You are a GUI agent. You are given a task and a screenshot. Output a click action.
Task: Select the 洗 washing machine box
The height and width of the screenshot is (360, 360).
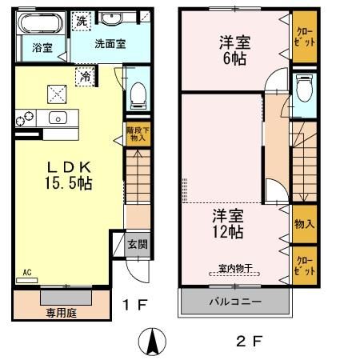click(x=81, y=22)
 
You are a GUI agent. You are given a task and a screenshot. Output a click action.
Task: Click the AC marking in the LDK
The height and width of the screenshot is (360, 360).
click(x=26, y=272)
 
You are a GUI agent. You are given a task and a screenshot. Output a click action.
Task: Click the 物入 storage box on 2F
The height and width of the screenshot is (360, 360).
click(x=303, y=224)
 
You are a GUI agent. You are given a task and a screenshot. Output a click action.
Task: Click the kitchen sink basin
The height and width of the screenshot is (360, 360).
click(x=58, y=119)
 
